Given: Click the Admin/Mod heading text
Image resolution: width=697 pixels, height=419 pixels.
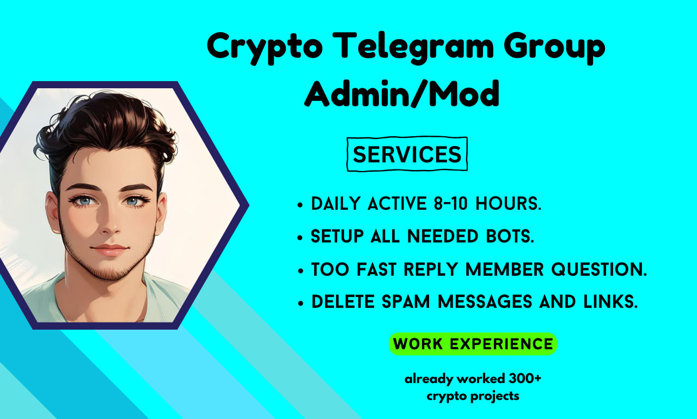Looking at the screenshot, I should pyautogui.click(x=402, y=94).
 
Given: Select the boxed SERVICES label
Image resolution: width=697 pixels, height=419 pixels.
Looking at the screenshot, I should pyautogui.click(x=407, y=154).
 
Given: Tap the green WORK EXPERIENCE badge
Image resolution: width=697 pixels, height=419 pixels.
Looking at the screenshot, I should pyautogui.click(x=473, y=344).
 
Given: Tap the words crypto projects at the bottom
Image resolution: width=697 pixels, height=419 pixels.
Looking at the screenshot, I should pyautogui.click(x=473, y=396).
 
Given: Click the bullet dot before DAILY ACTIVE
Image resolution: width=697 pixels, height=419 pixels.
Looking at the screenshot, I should pyautogui.click(x=300, y=206).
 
